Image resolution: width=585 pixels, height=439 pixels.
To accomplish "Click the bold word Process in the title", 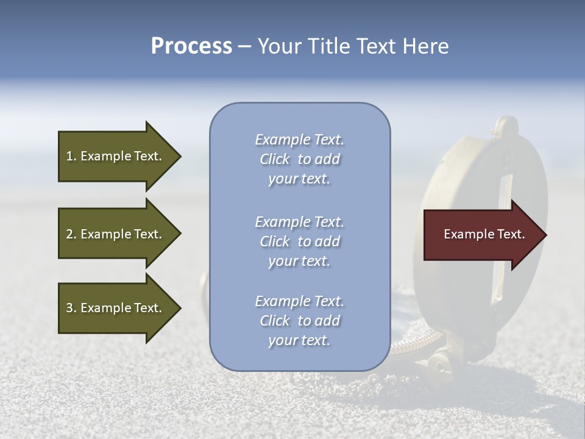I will pyautogui.click(x=191, y=46).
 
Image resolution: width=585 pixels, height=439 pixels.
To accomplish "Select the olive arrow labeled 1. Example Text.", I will pyautogui.click(x=116, y=156).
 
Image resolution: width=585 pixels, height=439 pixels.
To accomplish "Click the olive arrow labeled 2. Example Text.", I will pyautogui.click(x=116, y=234).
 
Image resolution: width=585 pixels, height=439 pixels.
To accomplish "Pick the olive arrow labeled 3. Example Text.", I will pyautogui.click(x=116, y=308).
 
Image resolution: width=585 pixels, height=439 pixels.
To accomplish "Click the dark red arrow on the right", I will pyautogui.click(x=481, y=235).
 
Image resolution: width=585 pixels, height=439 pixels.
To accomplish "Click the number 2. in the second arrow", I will pyautogui.click(x=71, y=234).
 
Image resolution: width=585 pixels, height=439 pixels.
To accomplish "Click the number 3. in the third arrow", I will pyautogui.click(x=71, y=308).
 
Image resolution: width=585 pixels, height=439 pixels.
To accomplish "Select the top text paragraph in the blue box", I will pyautogui.click(x=299, y=159).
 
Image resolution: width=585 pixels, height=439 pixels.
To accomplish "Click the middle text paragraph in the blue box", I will pyautogui.click(x=299, y=241).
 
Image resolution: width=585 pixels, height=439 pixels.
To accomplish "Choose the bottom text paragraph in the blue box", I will pyautogui.click(x=299, y=321).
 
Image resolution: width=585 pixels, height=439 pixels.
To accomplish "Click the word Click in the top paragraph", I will pyautogui.click(x=275, y=159).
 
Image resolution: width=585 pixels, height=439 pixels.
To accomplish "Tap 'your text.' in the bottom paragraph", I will pyautogui.click(x=299, y=340).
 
